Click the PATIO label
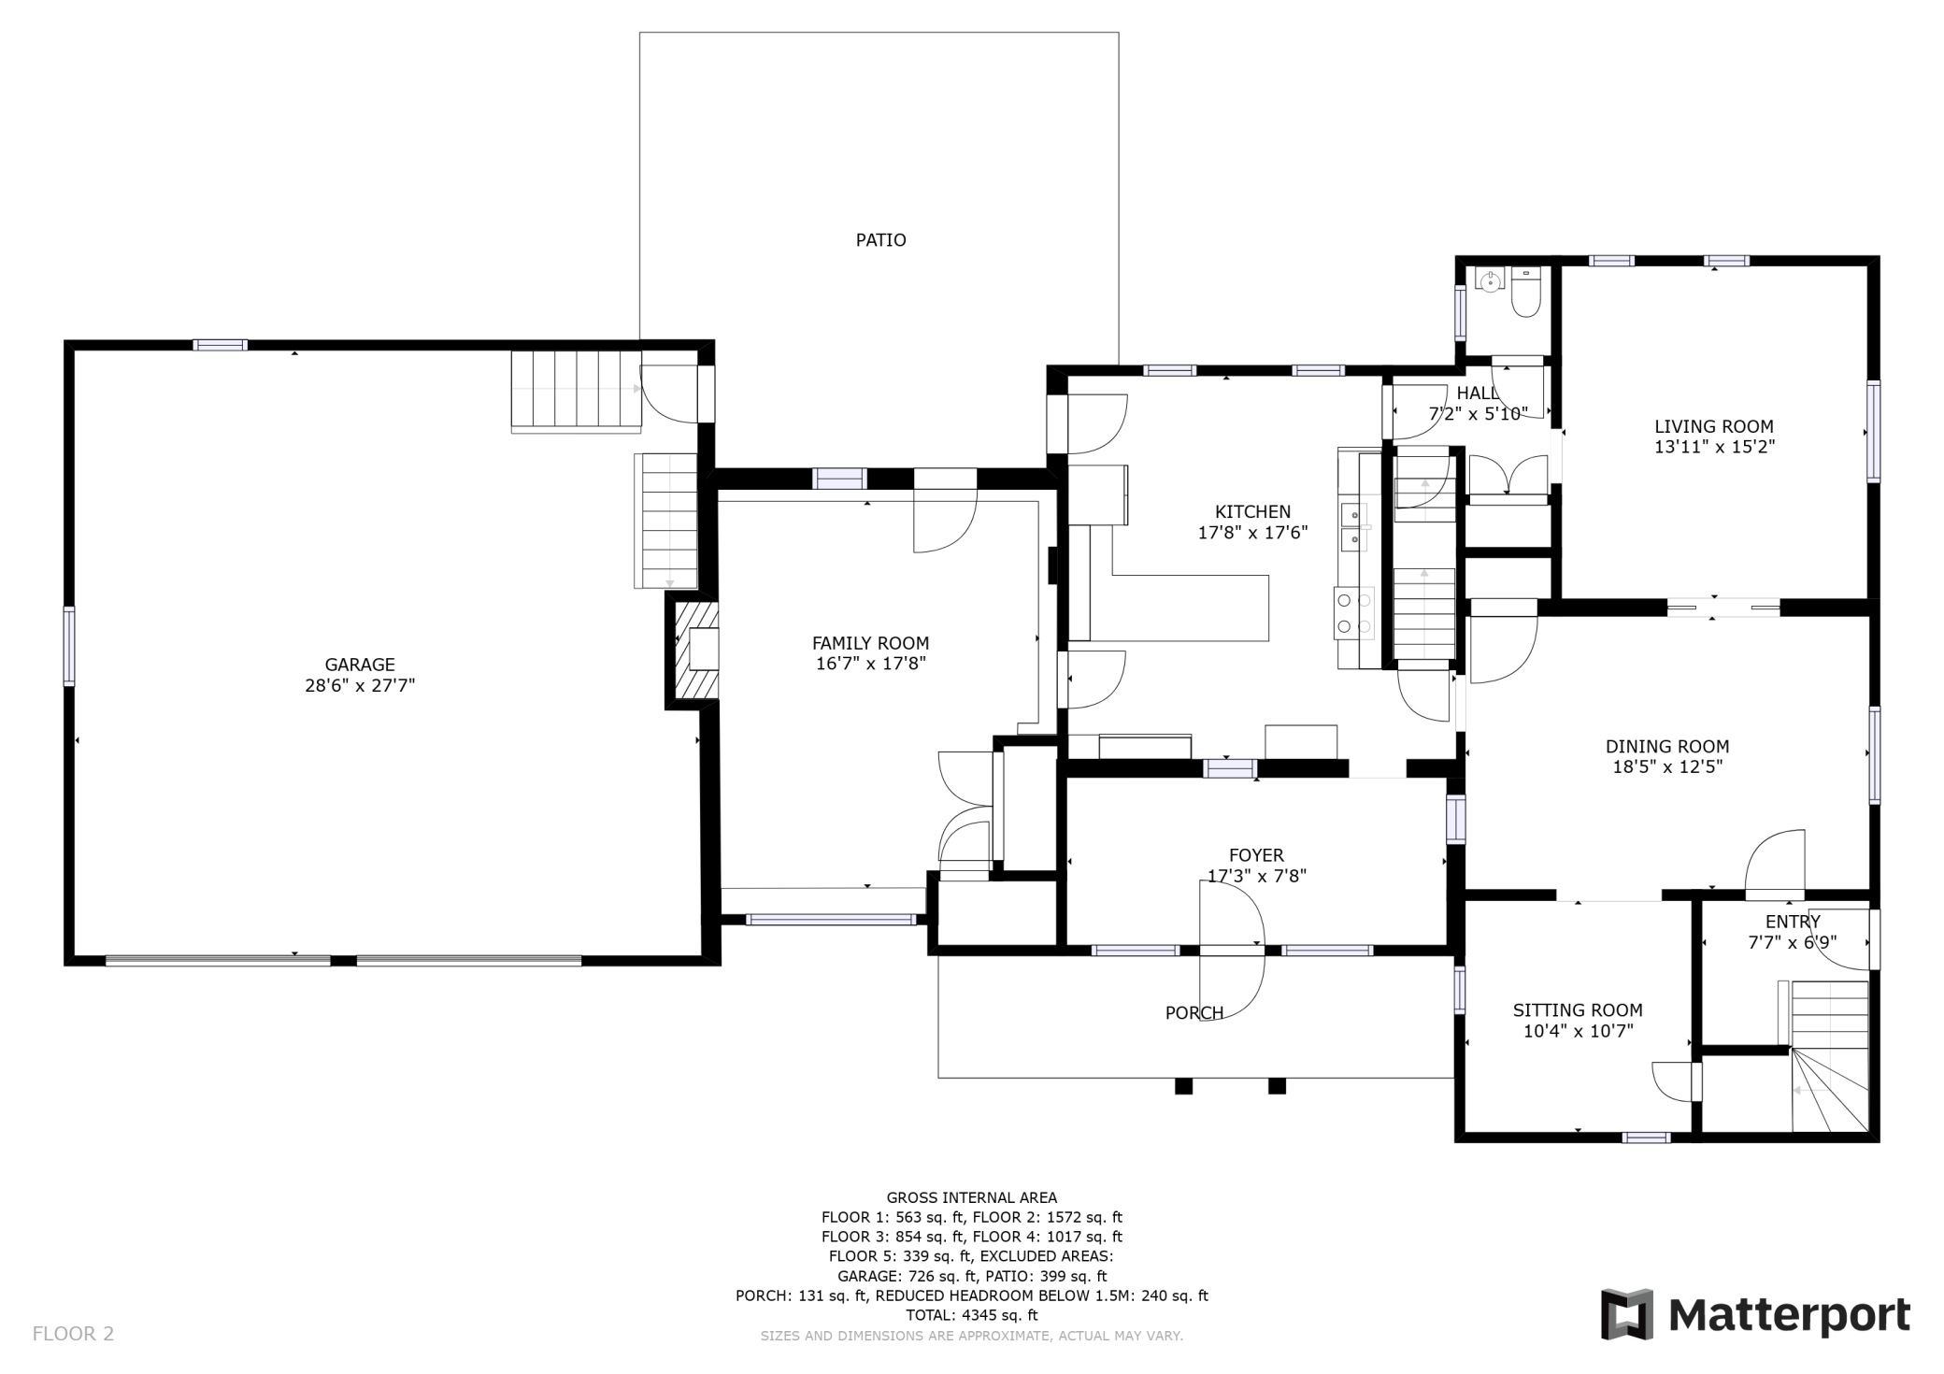point(880,240)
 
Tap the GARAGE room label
point(360,665)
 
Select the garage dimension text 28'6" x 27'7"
point(360,686)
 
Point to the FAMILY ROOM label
point(870,643)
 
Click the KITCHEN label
point(1252,512)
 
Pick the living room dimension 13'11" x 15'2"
point(1714,448)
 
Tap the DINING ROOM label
point(1667,747)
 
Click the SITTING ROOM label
point(1578,1010)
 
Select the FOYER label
point(1256,855)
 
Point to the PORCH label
point(1194,1013)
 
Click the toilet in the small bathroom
point(1525,292)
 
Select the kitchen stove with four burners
point(1354,614)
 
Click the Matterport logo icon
point(1626,1313)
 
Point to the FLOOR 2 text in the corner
point(73,1334)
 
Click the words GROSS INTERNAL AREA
point(972,1197)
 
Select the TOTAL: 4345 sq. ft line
point(972,1315)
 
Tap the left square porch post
point(1183,1086)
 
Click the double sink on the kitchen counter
point(1354,528)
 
